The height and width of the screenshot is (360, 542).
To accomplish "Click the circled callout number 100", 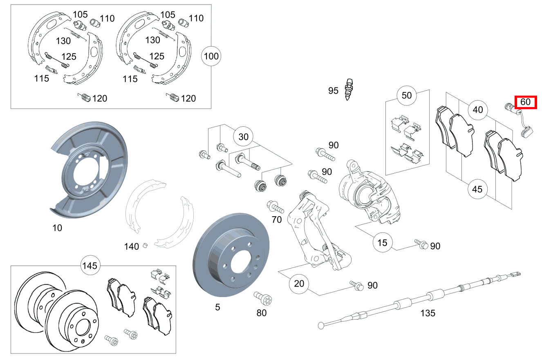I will pyautogui.click(x=211, y=56).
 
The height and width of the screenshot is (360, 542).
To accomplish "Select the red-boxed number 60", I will pyautogui.click(x=525, y=102).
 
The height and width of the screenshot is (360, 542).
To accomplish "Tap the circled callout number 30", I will pyautogui.click(x=243, y=137).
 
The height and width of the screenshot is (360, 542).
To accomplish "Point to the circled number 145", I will pyautogui.click(x=90, y=266).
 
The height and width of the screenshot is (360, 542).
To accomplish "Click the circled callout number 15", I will pyautogui.click(x=382, y=243).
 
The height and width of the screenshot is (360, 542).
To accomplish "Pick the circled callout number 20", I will pyautogui.click(x=299, y=284).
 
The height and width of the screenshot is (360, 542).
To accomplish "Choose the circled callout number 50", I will pyautogui.click(x=407, y=96).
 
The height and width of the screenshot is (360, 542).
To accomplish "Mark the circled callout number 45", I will pyautogui.click(x=477, y=189).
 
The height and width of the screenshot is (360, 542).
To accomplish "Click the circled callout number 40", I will pyautogui.click(x=478, y=110).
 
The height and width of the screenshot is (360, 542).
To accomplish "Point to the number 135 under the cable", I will pyautogui.click(x=428, y=313).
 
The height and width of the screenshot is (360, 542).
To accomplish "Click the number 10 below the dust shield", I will pyautogui.click(x=57, y=228).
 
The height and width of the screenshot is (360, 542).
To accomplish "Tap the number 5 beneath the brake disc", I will pyautogui.click(x=217, y=306).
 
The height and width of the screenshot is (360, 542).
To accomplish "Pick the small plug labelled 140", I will pyautogui.click(x=144, y=245).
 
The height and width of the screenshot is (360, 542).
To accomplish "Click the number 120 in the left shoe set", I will pyautogui.click(x=100, y=98).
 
